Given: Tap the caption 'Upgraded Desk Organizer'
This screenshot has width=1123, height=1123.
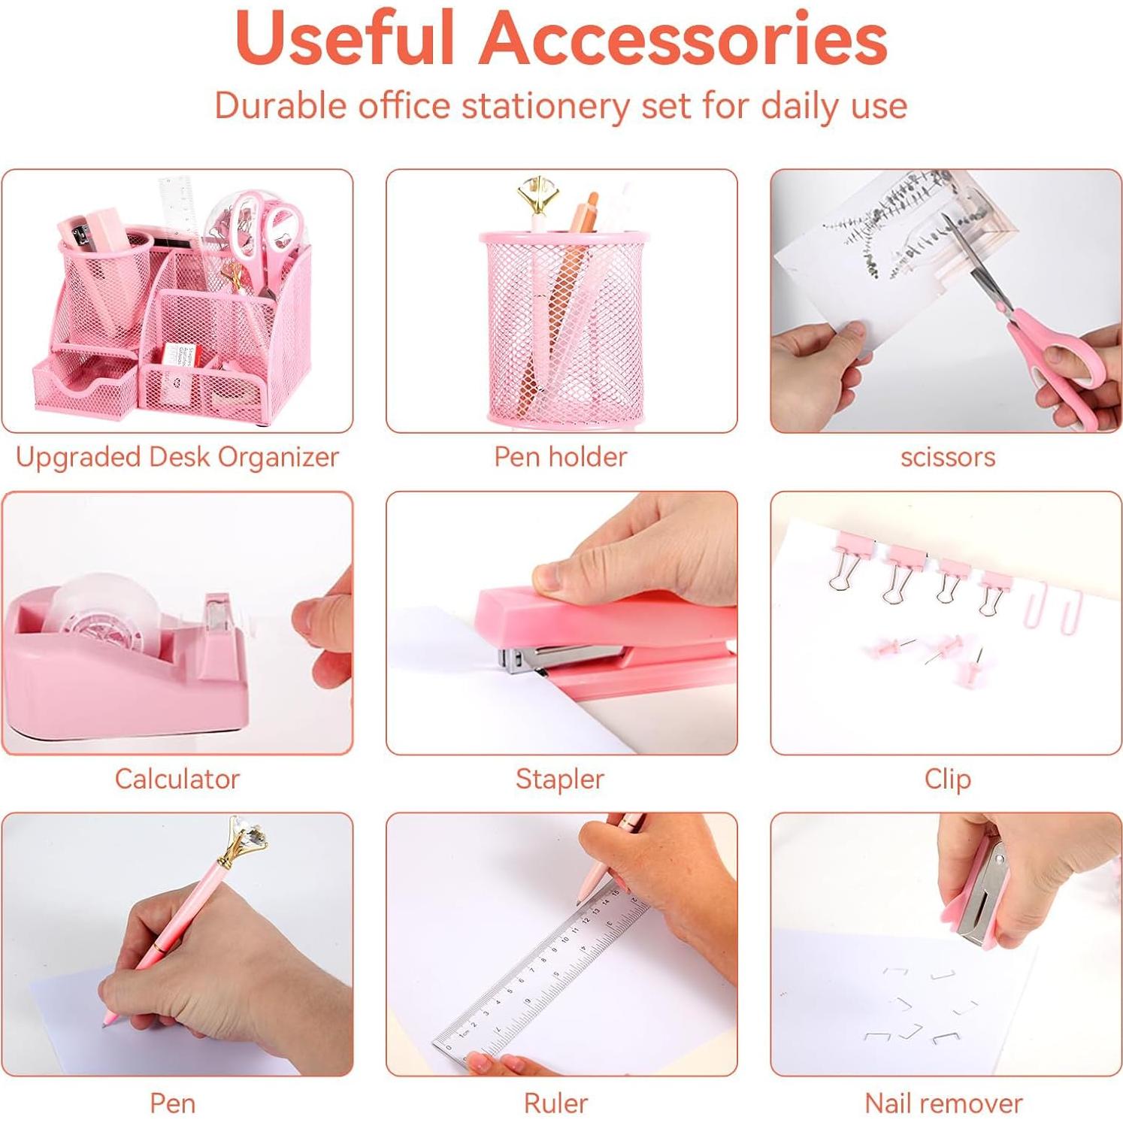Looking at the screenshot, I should pyautogui.click(x=177, y=457).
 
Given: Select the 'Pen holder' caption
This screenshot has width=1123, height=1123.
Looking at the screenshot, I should pyautogui.click(x=560, y=457).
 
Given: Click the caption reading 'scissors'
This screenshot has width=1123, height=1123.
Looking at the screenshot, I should pyautogui.click(x=947, y=457).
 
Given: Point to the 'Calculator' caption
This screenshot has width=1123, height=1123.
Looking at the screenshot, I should pyautogui.click(x=177, y=779).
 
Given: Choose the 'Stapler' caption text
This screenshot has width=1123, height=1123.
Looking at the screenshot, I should pyautogui.click(x=560, y=779).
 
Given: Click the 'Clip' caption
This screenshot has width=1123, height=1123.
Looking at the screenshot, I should pyautogui.click(x=947, y=779).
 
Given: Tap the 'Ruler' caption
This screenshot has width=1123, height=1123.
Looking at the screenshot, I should pyautogui.click(x=555, y=1103).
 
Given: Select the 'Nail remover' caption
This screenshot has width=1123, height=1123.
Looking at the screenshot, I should pyautogui.click(x=943, y=1103).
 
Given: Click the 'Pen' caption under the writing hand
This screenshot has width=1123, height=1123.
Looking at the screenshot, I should pyautogui.click(x=173, y=1103).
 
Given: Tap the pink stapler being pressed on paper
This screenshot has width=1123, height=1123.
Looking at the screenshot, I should pyautogui.click(x=601, y=624).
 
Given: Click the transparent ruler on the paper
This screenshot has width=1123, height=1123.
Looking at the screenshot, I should pyautogui.click(x=541, y=977).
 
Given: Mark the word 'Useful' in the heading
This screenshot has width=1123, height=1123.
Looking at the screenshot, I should pyautogui.click(x=345, y=38).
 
